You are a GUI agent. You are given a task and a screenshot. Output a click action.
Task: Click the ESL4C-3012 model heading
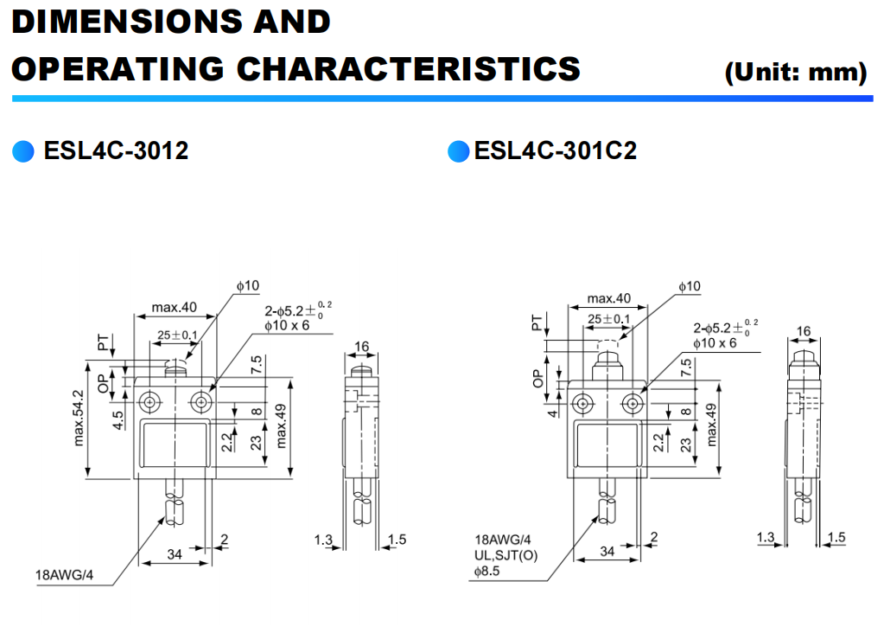[116, 151]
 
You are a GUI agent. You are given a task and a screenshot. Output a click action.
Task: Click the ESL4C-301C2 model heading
[555, 151]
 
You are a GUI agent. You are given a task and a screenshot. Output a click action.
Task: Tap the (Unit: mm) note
[795, 72]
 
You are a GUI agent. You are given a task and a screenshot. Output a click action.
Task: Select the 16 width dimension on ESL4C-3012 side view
[361, 347]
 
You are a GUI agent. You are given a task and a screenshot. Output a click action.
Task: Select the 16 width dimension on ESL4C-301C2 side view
[803, 331]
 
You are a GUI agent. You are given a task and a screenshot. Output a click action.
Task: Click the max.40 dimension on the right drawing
[609, 299]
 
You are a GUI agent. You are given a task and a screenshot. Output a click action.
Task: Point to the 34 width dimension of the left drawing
[175, 554]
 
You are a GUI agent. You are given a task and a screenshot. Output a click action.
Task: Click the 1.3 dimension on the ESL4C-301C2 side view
[765, 538]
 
